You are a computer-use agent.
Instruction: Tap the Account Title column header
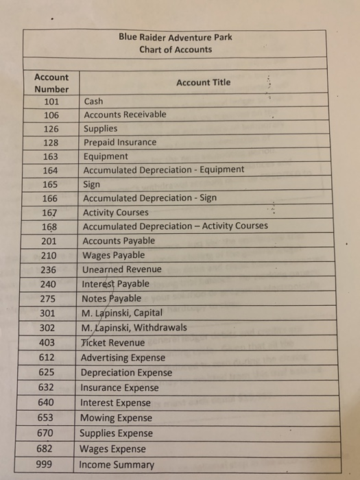click(203, 83)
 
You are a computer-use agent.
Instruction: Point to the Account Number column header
click(51, 83)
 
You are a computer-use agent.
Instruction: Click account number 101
click(51, 101)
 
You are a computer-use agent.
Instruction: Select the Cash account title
click(93, 101)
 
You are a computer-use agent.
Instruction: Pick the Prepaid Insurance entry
click(119, 143)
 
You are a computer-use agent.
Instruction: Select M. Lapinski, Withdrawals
click(133, 327)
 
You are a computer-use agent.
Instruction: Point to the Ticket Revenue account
click(112, 342)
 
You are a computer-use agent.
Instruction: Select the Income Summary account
click(117, 465)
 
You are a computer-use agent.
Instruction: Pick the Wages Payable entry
click(114, 255)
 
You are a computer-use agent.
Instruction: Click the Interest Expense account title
click(115, 403)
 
